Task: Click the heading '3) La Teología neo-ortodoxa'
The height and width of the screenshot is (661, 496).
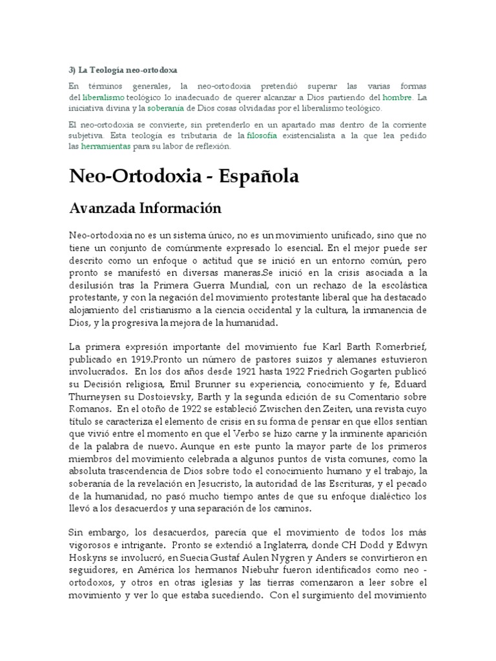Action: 123,69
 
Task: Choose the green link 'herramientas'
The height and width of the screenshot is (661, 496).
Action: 105,147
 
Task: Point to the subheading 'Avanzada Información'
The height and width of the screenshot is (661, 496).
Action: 145,208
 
